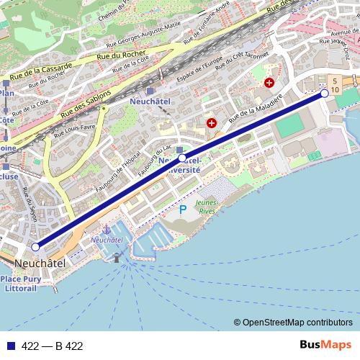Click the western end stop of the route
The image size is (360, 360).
point(36,247)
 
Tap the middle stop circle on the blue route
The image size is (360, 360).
point(182,158)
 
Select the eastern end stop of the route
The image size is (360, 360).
point(325,94)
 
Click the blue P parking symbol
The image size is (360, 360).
point(182,210)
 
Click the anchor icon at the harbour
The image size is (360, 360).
point(107,228)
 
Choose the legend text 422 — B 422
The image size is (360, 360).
point(52,346)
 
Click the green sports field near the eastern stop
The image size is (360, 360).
point(290,126)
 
